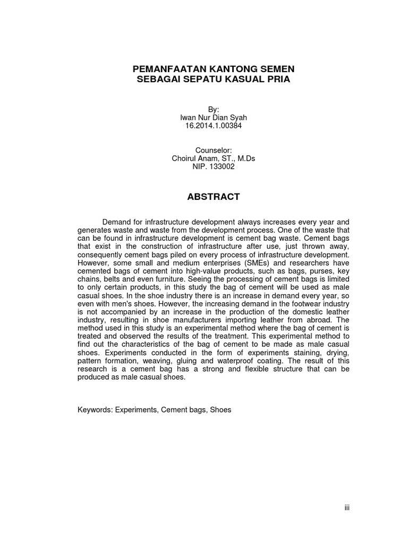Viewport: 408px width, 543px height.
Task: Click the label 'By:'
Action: (x=213, y=109)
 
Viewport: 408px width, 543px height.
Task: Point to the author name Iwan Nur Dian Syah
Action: (x=213, y=117)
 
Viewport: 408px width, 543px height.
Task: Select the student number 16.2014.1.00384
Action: (x=213, y=126)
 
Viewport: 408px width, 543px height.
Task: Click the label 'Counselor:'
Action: (x=213, y=150)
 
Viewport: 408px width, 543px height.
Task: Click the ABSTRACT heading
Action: (x=213, y=197)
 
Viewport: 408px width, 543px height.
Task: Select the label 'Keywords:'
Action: (x=95, y=410)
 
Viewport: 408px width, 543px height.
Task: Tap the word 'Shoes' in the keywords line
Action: (x=220, y=410)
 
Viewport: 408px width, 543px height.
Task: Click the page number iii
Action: (x=347, y=507)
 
